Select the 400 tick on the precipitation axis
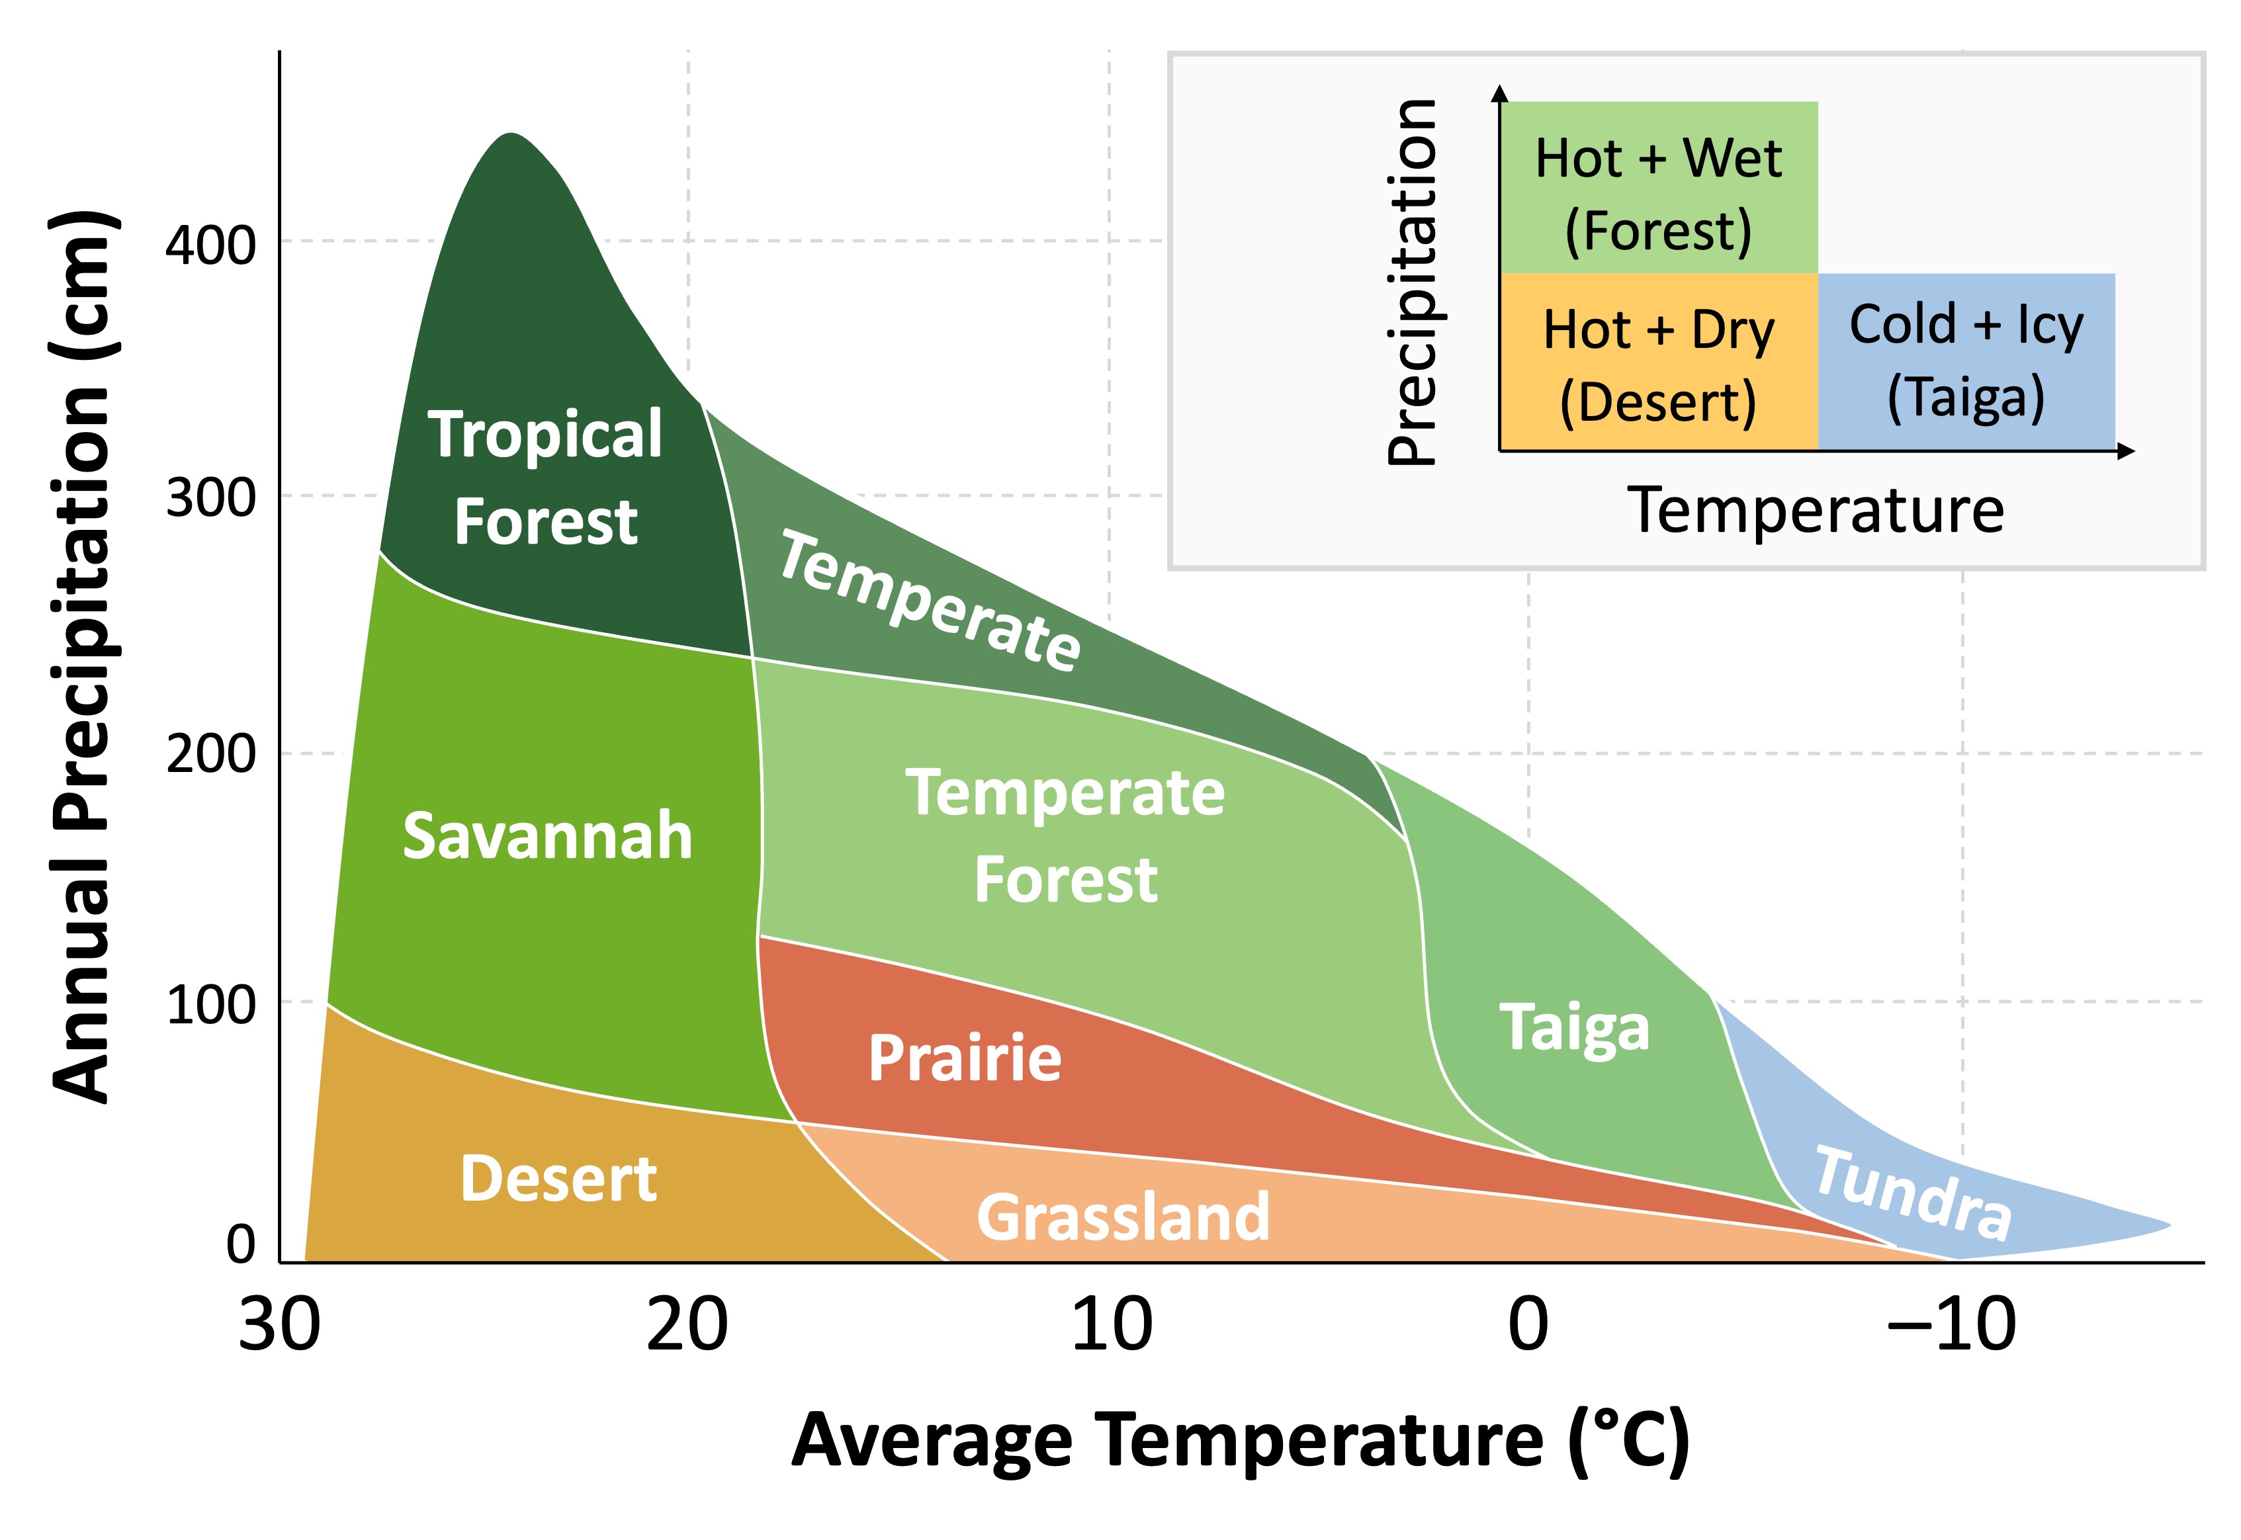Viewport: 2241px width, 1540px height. click(210, 244)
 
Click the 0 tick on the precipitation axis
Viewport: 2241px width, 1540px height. click(240, 1245)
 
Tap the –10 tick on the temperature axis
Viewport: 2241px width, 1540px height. click(1951, 1326)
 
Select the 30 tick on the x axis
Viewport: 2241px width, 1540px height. click(279, 1326)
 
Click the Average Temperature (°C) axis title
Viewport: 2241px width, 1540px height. click(1240, 1441)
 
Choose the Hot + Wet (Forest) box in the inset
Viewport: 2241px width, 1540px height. click(1658, 188)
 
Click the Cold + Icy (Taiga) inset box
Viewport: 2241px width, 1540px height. click(1965, 361)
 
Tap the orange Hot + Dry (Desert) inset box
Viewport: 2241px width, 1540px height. click(1658, 363)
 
